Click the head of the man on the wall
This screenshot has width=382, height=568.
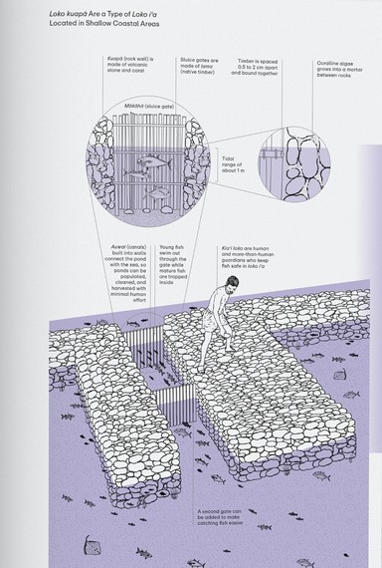tap(233, 285)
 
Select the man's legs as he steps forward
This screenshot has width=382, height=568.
tap(220, 329)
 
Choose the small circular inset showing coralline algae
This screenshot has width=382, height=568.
tap(288, 156)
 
